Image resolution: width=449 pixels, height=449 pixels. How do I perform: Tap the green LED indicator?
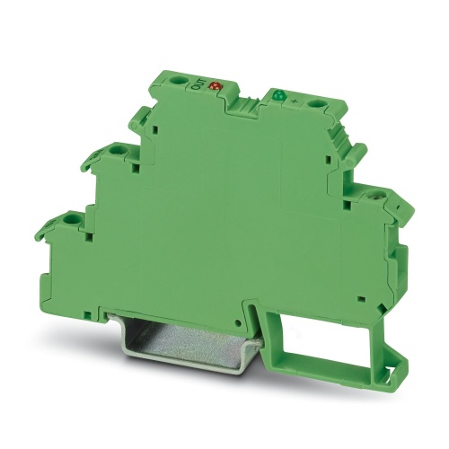click(x=277, y=94)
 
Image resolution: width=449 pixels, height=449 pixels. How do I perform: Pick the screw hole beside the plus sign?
click(x=316, y=107)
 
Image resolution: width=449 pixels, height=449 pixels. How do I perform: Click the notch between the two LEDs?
click(x=243, y=107)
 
